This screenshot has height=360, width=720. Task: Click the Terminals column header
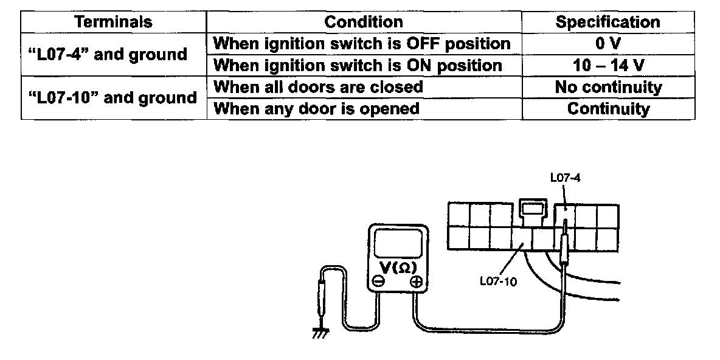pos(113,22)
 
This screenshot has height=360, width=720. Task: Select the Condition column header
pos(364,22)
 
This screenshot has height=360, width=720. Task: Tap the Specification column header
pos(607,22)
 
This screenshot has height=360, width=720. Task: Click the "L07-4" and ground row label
pos(108,55)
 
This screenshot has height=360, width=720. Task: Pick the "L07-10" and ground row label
pos(112,98)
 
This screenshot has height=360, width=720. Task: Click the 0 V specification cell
pos(607,44)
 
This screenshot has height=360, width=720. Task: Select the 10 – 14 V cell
pos(607,65)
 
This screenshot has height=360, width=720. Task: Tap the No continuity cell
pos(607,87)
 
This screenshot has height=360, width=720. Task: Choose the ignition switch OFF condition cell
pos(363,44)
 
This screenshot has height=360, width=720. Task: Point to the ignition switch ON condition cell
pos(359,65)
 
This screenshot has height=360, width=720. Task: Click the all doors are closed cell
pos(319,87)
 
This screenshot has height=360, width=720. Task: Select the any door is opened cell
pos(317,109)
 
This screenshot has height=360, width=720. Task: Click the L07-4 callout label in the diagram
pos(562,178)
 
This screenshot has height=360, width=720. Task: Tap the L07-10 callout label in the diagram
pos(497,282)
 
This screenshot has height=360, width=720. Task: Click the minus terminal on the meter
pos(378,282)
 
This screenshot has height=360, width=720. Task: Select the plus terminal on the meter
pos(416,282)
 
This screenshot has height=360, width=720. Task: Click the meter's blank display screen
pos(396,244)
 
